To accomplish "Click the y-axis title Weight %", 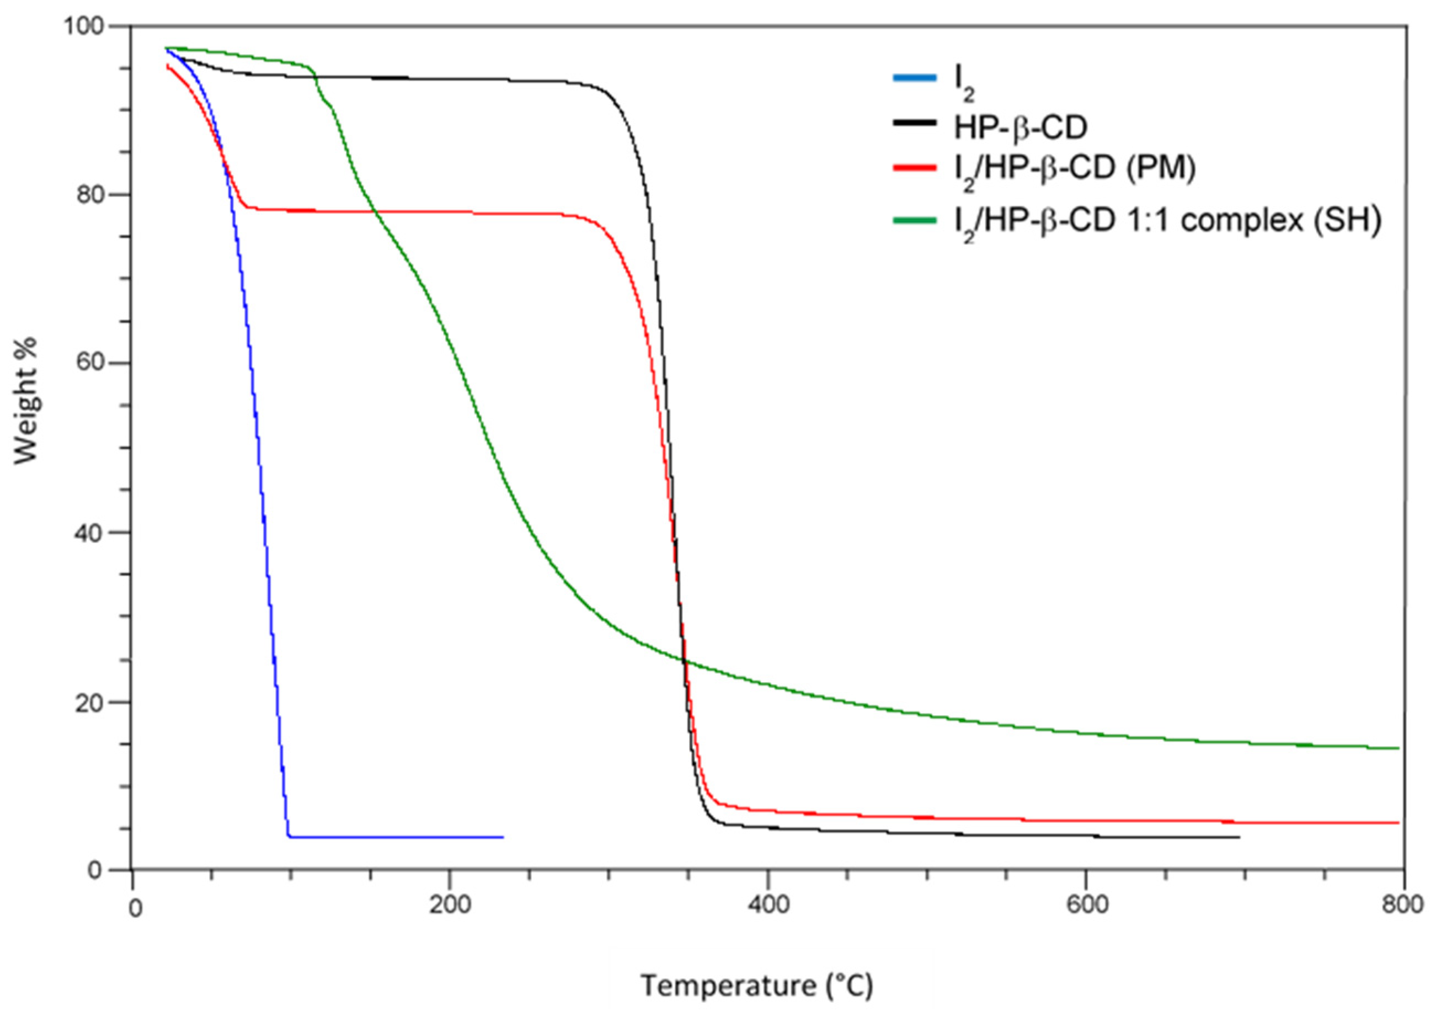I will tap(26, 401).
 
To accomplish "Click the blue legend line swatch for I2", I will tap(914, 78).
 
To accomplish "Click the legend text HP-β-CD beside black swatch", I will tap(1021, 127).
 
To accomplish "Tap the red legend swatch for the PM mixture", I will tap(914, 168).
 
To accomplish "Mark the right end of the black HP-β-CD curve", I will tap(1239, 837).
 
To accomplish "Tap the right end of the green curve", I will tap(1398, 748).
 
